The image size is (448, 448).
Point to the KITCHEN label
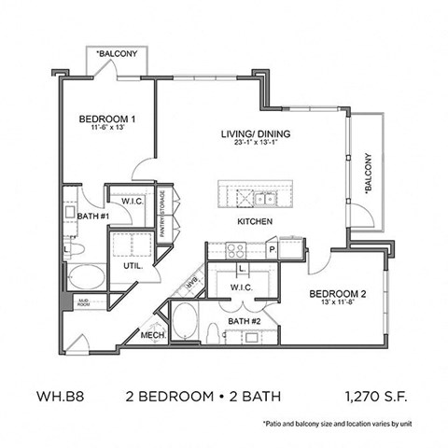254,221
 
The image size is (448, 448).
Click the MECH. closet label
153,337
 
